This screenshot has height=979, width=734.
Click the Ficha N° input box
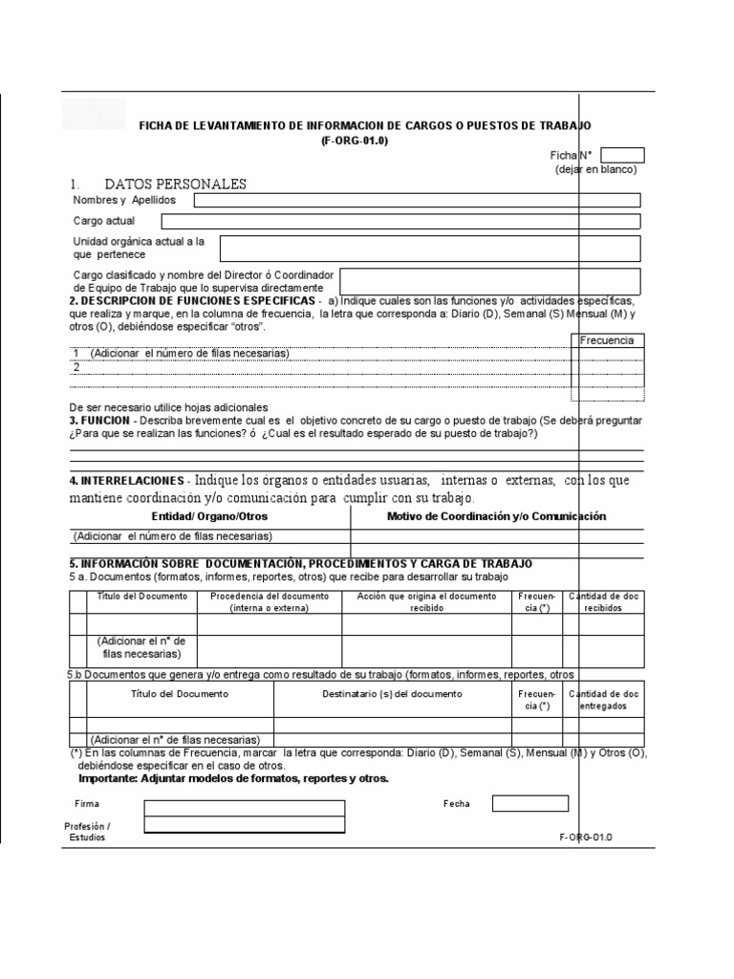623,155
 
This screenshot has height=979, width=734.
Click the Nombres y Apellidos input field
418,200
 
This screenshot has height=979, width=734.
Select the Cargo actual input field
400,221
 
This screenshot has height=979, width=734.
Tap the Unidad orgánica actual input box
430,248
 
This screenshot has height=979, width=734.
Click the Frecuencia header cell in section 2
607,340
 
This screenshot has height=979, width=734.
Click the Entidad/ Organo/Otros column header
210,516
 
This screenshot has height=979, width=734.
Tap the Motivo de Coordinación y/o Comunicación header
496,516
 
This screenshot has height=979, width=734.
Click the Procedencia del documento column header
270,600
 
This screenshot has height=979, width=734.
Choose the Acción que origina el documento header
426,600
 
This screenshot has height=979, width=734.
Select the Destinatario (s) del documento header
392,693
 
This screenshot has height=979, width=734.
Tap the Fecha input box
529,803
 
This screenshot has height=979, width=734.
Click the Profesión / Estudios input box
244,828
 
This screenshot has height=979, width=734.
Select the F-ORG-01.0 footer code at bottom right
584,837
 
